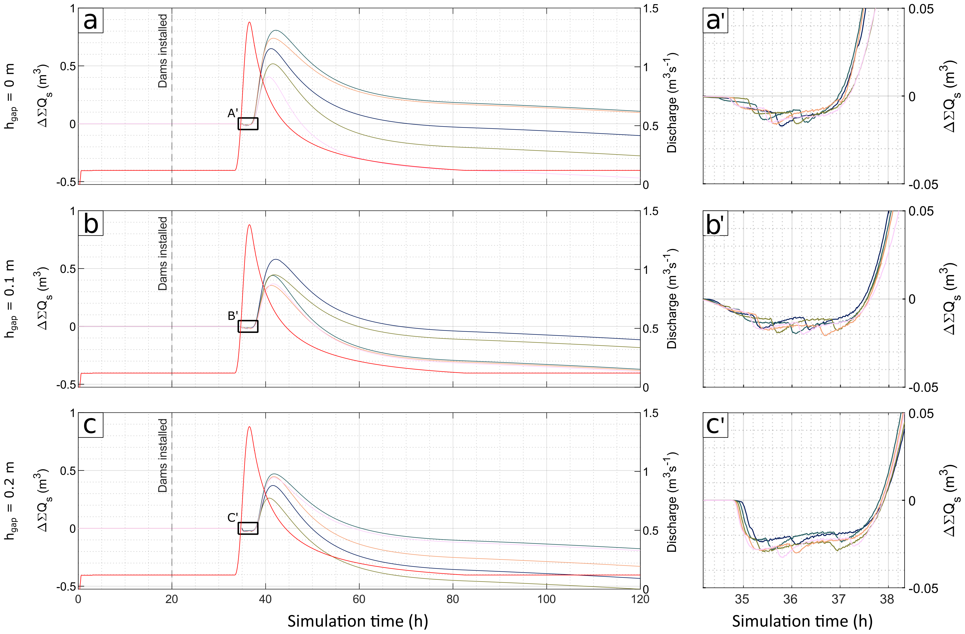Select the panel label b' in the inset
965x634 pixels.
(x=716, y=223)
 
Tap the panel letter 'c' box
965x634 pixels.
(x=91, y=425)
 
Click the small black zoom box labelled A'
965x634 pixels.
(x=248, y=123)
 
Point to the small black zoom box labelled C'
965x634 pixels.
(x=248, y=528)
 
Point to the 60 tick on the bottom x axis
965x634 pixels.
(x=359, y=599)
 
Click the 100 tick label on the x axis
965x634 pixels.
(x=546, y=599)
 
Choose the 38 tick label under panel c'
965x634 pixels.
(x=887, y=599)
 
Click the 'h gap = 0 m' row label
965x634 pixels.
(x=10, y=96)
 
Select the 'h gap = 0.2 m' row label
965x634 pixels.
(x=10, y=501)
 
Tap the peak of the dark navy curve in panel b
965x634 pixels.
(x=276, y=259)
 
